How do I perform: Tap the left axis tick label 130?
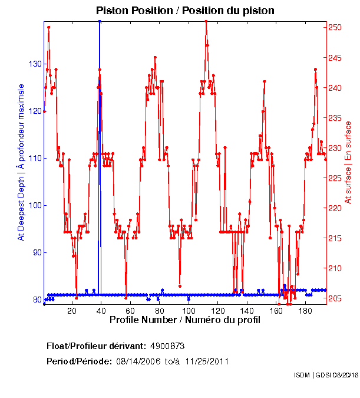(x=35, y=64)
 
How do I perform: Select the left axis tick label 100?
(x=35, y=205)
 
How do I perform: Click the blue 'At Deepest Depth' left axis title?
(x=21, y=162)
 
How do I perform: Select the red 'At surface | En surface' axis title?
(x=348, y=162)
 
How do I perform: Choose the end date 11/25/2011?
(x=207, y=361)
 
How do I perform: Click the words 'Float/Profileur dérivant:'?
(x=97, y=347)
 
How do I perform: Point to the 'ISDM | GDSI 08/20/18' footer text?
(x=325, y=375)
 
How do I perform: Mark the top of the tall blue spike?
(x=100, y=22)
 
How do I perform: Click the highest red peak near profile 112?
(x=206, y=22)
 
